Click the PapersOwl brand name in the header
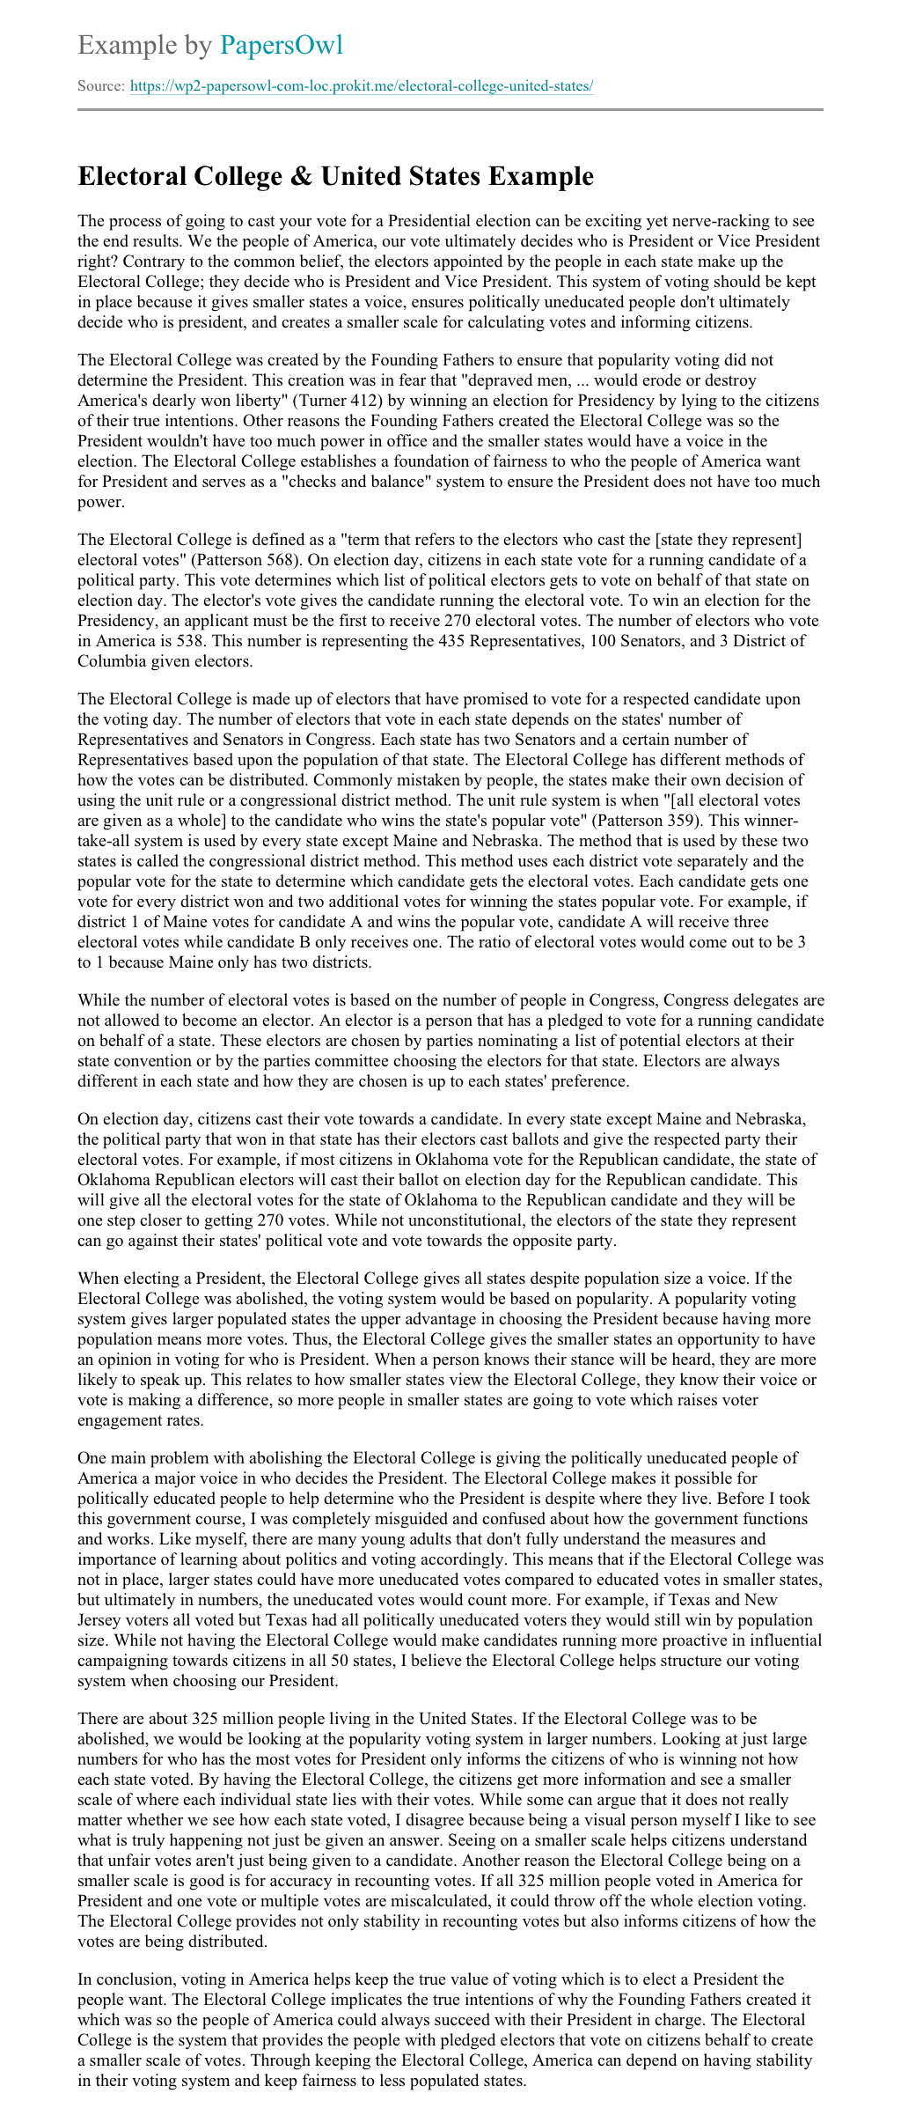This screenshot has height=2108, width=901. click(281, 45)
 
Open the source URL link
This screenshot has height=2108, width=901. click(362, 86)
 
